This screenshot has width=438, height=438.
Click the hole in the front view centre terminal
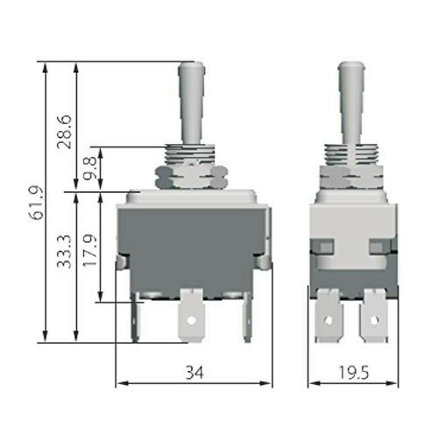(x=191, y=319)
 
